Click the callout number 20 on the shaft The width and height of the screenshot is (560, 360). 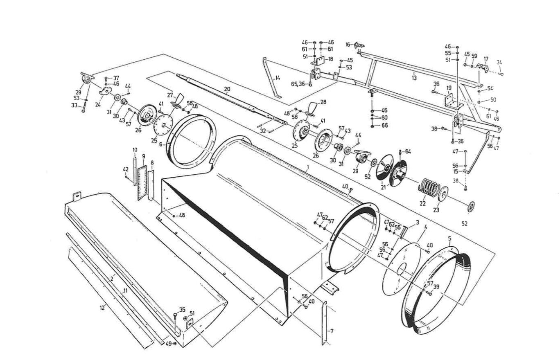(x=227, y=88)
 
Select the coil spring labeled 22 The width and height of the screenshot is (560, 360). (x=428, y=188)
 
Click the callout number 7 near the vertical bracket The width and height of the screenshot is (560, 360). (x=332, y=331)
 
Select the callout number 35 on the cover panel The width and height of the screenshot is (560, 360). (x=183, y=310)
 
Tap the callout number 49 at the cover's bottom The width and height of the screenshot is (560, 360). (x=168, y=344)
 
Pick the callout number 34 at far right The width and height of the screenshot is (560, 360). (x=499, y=62)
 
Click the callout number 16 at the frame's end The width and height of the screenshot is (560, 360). (x=348, y=44)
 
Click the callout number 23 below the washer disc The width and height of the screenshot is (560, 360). (x=436, y=210)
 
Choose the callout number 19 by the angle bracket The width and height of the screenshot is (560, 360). (x=449, y=88)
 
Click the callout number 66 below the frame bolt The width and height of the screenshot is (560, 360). (x=385, y=125)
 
